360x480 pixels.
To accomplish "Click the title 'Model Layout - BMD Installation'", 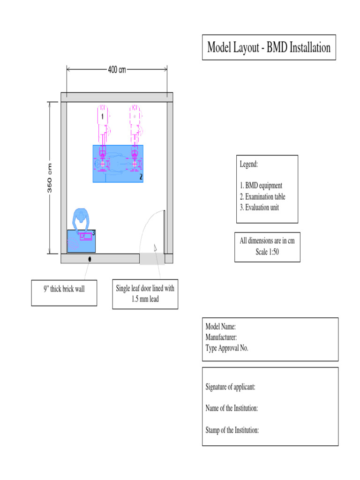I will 269,47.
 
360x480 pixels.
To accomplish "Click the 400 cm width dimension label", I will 117,70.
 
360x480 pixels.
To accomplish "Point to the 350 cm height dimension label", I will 50,178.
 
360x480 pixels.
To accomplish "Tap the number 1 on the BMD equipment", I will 103,116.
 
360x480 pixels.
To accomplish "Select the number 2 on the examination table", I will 141,177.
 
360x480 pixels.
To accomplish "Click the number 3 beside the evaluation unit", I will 94,232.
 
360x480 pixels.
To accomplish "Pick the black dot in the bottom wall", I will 89,259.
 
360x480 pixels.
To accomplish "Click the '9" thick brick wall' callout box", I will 64,289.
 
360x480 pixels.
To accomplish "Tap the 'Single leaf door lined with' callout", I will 145,288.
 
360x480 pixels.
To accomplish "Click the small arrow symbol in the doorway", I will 155,247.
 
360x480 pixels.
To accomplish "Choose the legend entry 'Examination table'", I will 265,196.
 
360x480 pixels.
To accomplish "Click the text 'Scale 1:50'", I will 267,251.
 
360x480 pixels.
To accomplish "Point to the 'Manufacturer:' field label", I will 221,337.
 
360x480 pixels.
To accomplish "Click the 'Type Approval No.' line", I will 227,348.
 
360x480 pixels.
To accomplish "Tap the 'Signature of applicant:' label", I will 230,387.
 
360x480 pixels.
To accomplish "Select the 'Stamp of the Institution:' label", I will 232,430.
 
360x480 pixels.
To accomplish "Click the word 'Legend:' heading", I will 249,165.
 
